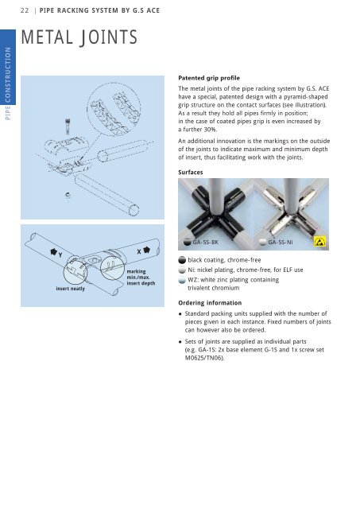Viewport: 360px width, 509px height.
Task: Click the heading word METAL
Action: pos(52,37)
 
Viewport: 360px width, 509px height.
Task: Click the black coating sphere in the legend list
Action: pos(184,260)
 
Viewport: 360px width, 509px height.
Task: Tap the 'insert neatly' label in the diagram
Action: pos(71,289)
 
